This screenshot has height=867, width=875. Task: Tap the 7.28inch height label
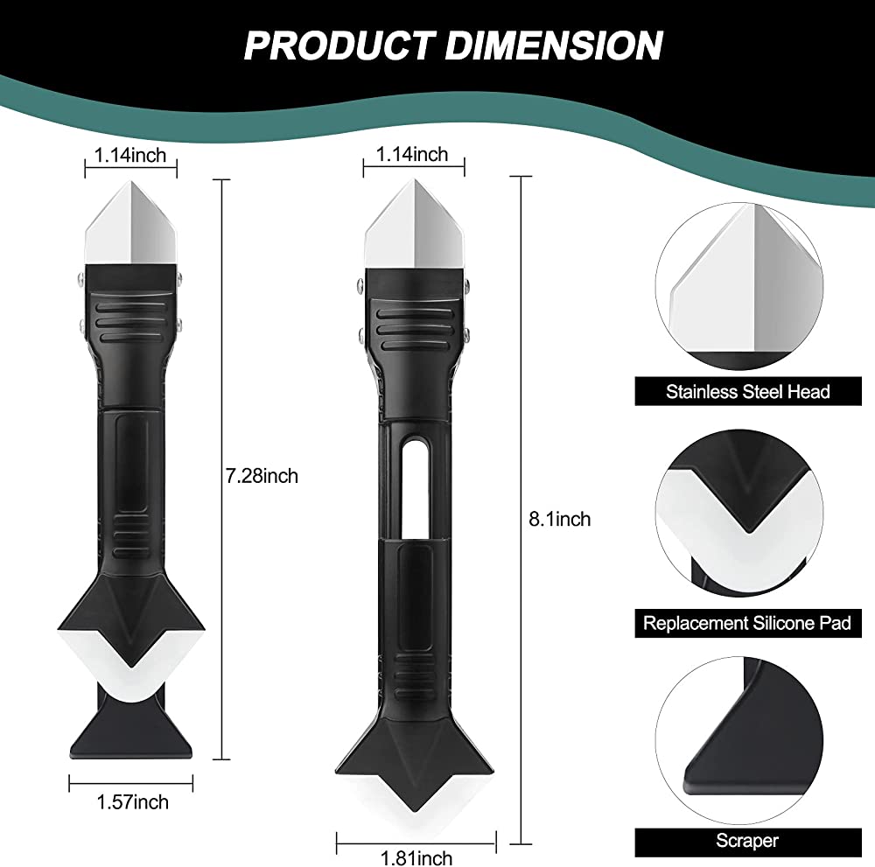(262, 477)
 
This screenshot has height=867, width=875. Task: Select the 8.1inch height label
(561, 519)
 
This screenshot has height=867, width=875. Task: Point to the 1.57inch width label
(134, 802)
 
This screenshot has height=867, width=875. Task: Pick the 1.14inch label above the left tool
(130, 156)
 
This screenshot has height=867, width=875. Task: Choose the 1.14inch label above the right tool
(411, 155)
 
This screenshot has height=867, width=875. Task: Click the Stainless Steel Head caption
(747, 391)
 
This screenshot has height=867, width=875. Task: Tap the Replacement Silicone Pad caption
(747, 623)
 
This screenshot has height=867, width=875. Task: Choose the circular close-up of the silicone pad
(747, 516)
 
